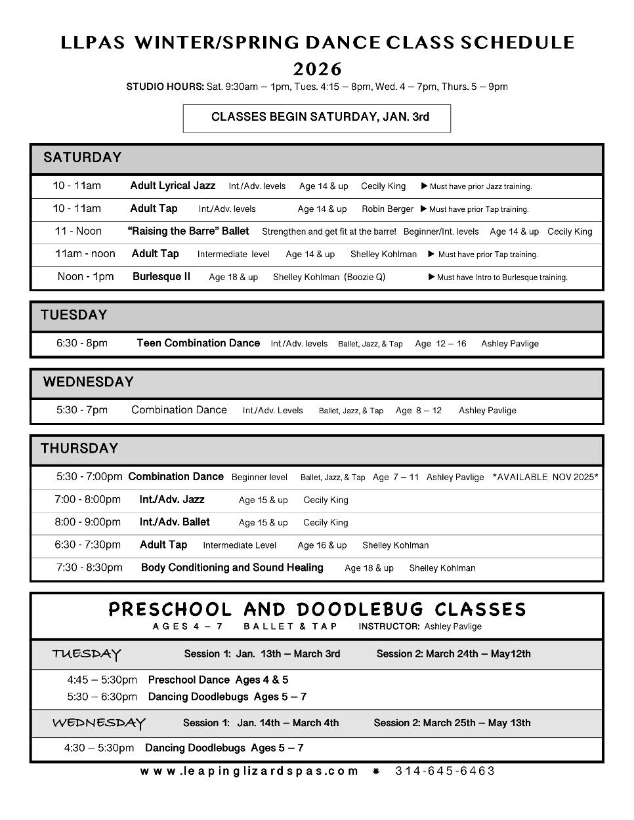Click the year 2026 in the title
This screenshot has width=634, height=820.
click(317, 69)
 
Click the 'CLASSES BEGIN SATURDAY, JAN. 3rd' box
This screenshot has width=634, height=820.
click(317, 117)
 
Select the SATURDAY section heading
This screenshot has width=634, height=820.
click(83, 157)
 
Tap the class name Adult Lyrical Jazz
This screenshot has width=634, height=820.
click(173, 186)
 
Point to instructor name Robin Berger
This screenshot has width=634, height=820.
click(387, 209)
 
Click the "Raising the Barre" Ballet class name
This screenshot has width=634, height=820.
click(188, 231)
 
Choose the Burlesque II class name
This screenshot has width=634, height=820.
click(161, 277)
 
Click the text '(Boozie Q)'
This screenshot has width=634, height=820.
click(365, 277)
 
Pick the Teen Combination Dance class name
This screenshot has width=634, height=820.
click(198, 343)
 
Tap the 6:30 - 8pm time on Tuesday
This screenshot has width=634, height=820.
click(82, 343)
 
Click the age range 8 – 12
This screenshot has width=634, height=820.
click(429, 411)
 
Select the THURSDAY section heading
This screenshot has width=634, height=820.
click(79, 449)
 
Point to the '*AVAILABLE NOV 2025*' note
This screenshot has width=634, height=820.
click(545, 477)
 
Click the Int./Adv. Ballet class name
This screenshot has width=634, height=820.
click(175, 522)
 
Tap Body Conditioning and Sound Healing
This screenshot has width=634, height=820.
click(232, 567)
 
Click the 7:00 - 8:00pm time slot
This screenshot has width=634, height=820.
click(88, 500)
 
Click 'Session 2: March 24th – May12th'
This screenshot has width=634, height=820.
click(454, 654)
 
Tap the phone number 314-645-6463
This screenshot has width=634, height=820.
click(445, 771)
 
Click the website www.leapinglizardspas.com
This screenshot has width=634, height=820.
click(249, 771)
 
